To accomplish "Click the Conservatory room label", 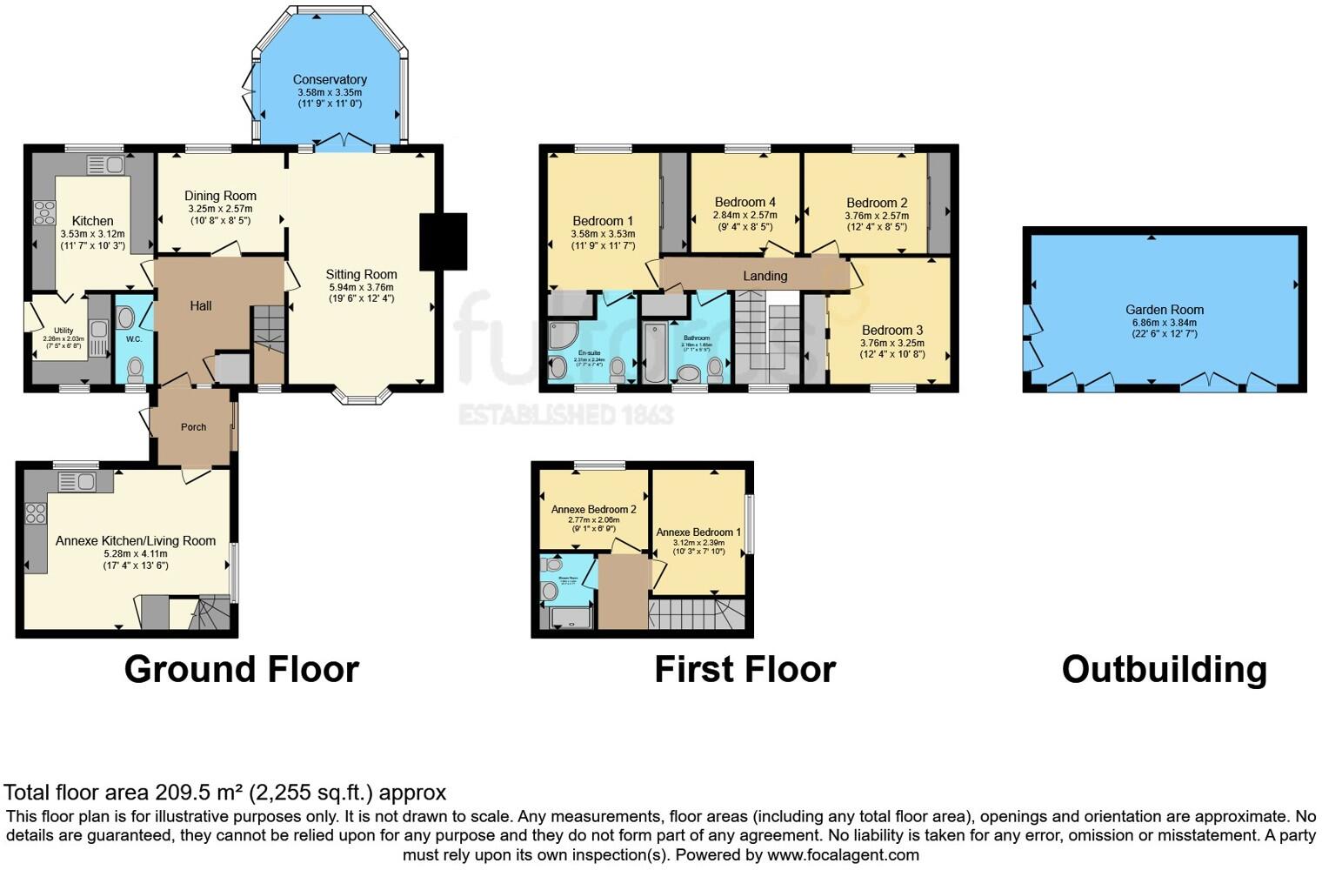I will (x=330, y=79).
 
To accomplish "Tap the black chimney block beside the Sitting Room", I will (x=444, y=241).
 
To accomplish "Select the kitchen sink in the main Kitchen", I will (x=105, y=164).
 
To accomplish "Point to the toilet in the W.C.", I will (x=135, y=371).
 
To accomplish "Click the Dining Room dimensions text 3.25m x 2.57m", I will (x=220, y=209).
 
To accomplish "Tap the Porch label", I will (x=193, y=427).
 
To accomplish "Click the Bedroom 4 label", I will (x=744, y=202).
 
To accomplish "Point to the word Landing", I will (x=764, y=276).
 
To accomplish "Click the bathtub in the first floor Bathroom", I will (x=655, y=352).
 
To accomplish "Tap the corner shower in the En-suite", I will (x=562, y=335).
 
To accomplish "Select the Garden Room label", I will (x=1164, y=310).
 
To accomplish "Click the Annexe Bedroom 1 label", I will (x=698, y=532).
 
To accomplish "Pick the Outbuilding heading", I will (x=1164, y=669).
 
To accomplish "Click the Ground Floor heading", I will (x=241, y=669).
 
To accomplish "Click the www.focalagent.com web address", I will (x=843, y=854).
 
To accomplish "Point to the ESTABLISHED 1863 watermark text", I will (x=565, y=415).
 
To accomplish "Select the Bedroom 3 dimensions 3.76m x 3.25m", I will (x=891, y=343).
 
